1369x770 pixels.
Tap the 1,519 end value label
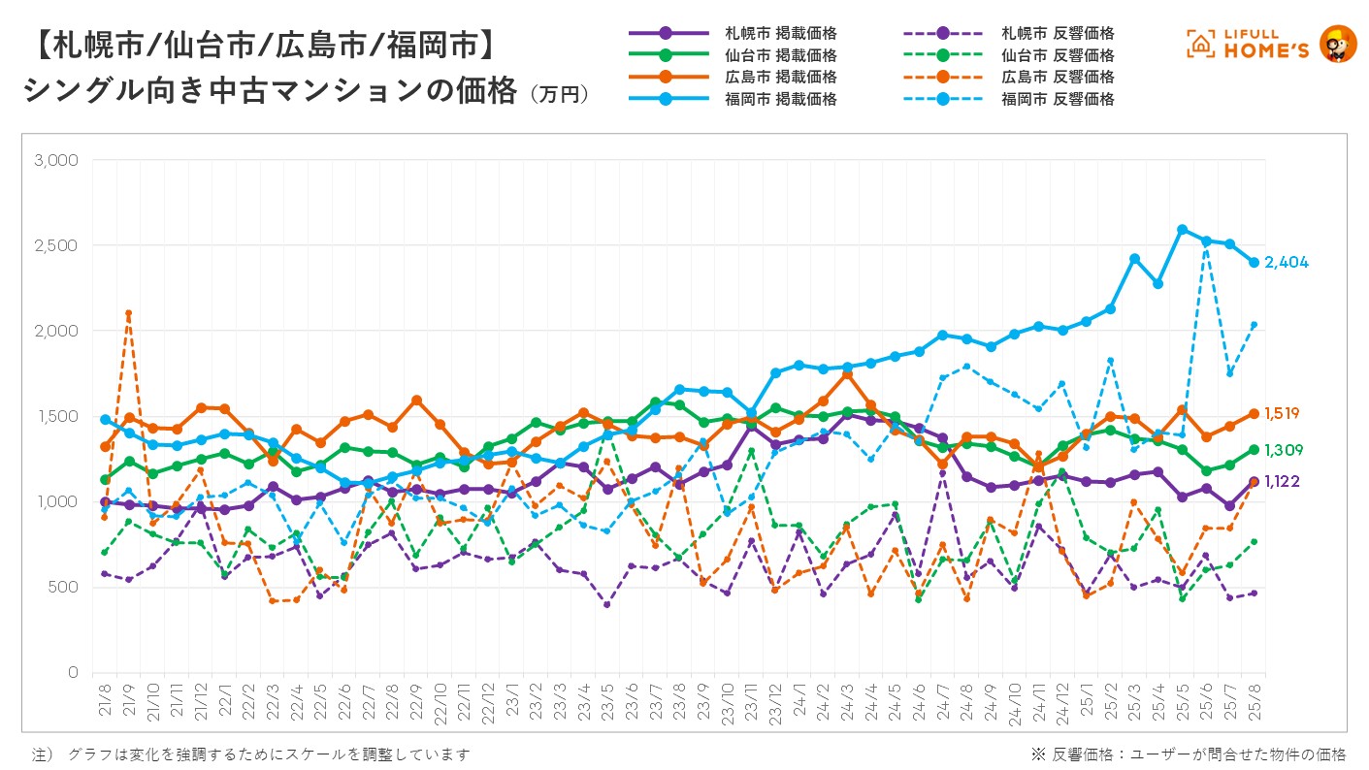pyautogui.click(x=1282, y=414)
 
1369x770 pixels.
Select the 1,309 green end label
pyautogui.click(x=1282, y=451)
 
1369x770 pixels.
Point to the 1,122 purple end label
pyautogui.click(x=1282, y=482)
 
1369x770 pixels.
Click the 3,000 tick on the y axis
pyautogui.click(x=55, y=160)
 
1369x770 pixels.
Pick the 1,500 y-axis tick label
pyautogui.click(x=55, y=416)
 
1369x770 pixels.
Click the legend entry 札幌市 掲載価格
pyautogui.click(x=781, y=34)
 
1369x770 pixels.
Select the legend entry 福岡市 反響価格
pyautogui.click(x=1058, y=99)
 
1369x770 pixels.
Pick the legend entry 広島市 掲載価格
pyautogui.click(x=781, y=77)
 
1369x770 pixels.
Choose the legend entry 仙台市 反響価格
pyautogui.click(x=1058, y=55)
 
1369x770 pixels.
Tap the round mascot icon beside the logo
pyautogui.click(x=1339, y=44)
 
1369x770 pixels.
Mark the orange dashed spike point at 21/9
pyautogui.click(x=128, y=313)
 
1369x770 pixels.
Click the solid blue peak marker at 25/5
pyautogui.click(x=1182, y=230)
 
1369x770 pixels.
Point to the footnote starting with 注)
pyautogui.click(x=252, y=754)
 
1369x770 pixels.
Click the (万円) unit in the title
pyautogui.click(x=560, y=94)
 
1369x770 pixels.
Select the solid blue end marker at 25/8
pyautogui.click(x=1254, y=263)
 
